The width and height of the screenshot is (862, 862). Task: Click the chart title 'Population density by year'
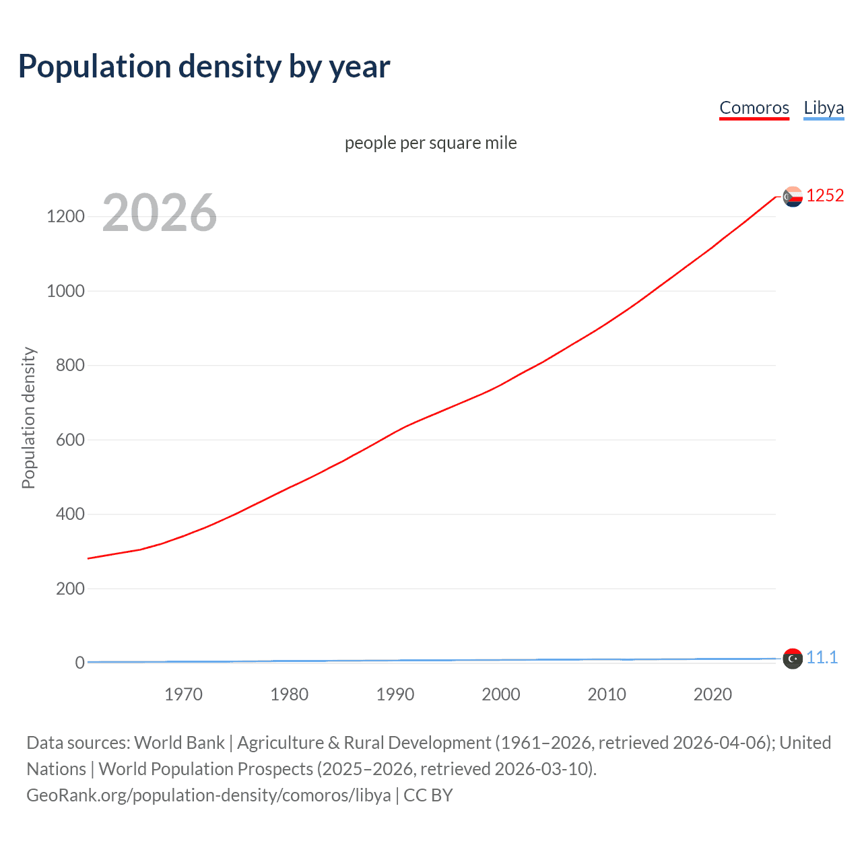click(204, 67)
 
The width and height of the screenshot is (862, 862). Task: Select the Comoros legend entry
click(754, 108)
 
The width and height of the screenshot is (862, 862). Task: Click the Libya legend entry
click(823, 108)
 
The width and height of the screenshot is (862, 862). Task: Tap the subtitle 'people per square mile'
click(430, 143)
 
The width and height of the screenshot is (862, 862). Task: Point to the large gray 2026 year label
click(160, 213)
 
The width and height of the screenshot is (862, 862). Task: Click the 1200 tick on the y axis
click(65, 216)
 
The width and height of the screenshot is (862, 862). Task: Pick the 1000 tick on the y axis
click(65, 291)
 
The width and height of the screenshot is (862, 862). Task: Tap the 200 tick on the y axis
click(70, 589)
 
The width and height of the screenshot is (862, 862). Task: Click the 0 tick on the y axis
click(79, 663)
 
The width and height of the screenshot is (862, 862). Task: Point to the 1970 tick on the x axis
click(183, 694)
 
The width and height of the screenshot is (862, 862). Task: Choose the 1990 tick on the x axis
click(395, 694)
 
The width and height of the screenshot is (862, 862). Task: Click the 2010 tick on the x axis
click(607, 694)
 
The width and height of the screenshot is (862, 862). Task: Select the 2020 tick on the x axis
click(712, 694)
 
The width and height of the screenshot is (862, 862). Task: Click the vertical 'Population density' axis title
click(28, 418)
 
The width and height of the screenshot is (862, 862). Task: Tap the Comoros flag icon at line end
click(793, 197)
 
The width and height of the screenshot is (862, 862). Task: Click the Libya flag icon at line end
click(793, 659)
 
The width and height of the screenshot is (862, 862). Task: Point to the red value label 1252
click(825, 195)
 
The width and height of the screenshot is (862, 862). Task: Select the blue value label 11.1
click(822, 657)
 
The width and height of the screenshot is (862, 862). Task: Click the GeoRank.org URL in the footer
click(209, 795)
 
